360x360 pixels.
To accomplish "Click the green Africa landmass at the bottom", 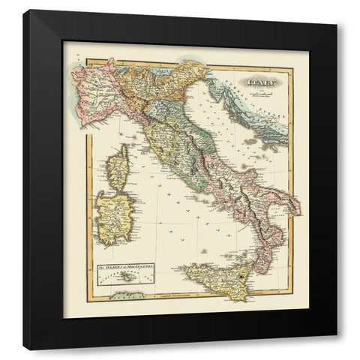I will pyautogui.click(x=124, y=295).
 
